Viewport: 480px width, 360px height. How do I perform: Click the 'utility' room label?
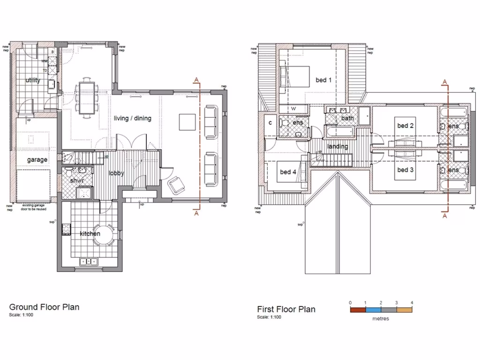(33, 81)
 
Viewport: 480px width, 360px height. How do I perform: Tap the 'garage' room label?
(37, 160)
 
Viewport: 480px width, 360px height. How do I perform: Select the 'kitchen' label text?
(90, 233)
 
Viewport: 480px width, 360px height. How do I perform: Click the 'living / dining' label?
(133, 119)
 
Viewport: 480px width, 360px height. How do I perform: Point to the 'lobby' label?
(116, 173)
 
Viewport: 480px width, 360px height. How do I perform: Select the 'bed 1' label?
(323, 80)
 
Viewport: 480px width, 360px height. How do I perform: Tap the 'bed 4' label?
(288, 172)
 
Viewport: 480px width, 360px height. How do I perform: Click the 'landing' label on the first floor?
(337, 147)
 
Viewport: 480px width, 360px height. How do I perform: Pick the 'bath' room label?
(347, 118)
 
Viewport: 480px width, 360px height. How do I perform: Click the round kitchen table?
(104, 235)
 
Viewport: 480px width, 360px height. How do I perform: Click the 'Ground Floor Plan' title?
(44, 307)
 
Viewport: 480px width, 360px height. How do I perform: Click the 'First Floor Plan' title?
(286, 309)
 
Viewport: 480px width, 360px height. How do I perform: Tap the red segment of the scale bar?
(358, 309)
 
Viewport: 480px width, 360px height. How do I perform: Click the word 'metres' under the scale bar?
(381, 319)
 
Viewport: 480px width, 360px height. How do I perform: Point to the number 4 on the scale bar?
(412, 303)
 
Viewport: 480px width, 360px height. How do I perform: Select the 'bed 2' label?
(405, 126)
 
